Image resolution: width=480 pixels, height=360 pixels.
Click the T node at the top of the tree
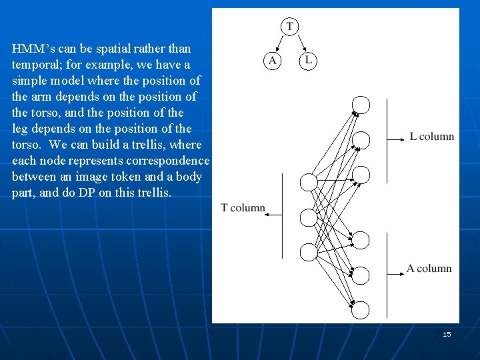pos(289,27)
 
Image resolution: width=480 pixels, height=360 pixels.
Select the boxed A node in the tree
pos(272,61)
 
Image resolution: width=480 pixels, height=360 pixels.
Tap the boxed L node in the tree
pos(307,61)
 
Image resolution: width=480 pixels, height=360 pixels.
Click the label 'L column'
pos(432,137)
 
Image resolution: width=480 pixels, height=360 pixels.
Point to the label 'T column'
pos(243,208)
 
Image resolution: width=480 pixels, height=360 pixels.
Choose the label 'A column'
pos(429,269)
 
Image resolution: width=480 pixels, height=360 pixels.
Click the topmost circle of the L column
pos(361,105)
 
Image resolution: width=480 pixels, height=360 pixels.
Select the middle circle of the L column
pos(361,140)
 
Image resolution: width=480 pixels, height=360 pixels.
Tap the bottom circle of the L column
pos(361,175)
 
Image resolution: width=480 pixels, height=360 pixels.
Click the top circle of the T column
pos(309,182)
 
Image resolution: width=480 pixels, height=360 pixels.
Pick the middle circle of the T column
pos(309,217)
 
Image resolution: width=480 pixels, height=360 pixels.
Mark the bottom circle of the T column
pos(309,252)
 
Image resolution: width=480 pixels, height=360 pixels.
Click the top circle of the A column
pos(361,240)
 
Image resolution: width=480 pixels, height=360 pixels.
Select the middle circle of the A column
pos(361,275)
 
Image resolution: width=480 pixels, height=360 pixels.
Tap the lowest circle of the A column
pos(361,310)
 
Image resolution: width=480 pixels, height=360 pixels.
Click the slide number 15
pos(447,334)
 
